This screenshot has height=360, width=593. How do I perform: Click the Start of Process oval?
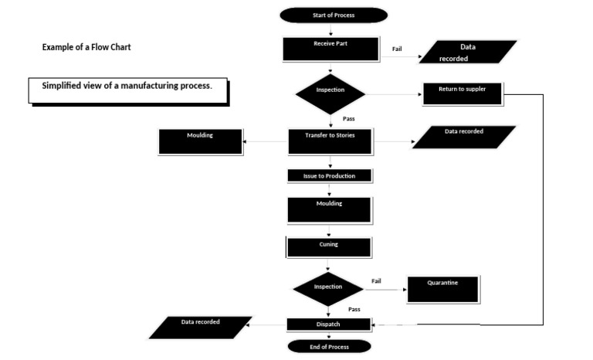[x=334, y=15]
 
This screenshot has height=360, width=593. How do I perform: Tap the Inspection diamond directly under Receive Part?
[x=330, y=91]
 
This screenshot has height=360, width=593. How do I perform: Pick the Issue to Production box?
[x=330, y=175]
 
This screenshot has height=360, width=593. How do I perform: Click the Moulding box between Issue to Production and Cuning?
[x=329, y=209]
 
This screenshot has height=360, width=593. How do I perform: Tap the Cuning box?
[x=329, y=246]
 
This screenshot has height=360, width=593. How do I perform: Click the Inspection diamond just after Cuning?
[x=328, y=289]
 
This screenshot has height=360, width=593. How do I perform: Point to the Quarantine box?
[x=442, y=289]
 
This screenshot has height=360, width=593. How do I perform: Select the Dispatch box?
[x=329, y=325]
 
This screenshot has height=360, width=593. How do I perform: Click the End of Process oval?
[x=329, y=347]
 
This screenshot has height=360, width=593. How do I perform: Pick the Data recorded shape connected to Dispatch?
[x=200, y=327]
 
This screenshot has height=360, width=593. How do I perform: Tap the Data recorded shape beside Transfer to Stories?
[x=464, y=137]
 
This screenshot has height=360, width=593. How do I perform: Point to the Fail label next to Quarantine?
[x=376, y=280]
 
